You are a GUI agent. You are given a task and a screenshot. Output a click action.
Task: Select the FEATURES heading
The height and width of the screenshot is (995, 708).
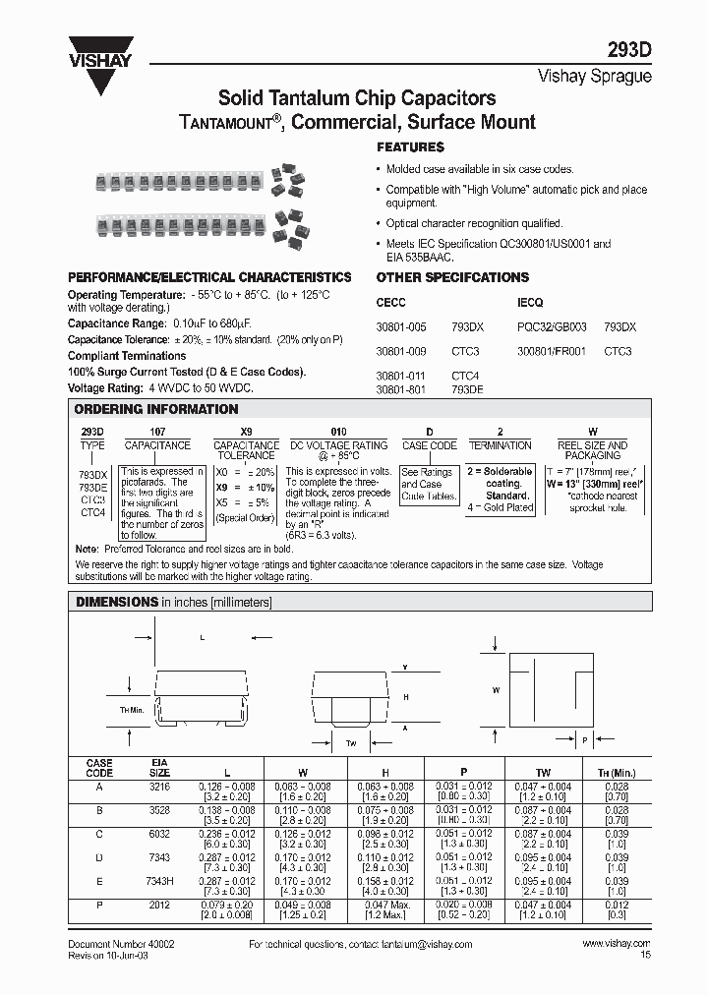pyautogui.click(x=410, y=146)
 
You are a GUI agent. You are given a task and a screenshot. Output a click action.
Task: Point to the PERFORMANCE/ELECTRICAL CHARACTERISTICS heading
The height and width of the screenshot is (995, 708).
pyautogui.click(x=209, y=277)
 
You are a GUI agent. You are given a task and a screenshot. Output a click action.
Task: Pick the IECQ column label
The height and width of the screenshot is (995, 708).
pyautogui.click(x=530, y=303)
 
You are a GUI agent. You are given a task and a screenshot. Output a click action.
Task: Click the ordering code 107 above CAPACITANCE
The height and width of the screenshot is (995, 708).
pyautogui.click(x=157, y=432)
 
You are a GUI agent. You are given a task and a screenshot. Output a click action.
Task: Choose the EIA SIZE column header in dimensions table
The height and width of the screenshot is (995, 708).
pyautogui.click(x=159, y=767)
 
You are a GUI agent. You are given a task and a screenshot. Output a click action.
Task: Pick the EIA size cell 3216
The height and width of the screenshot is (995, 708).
pyautogui.click(x=159, y=786)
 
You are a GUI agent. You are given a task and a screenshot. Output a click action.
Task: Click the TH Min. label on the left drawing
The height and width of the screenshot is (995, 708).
pyautogui.click(x=132, y=709)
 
